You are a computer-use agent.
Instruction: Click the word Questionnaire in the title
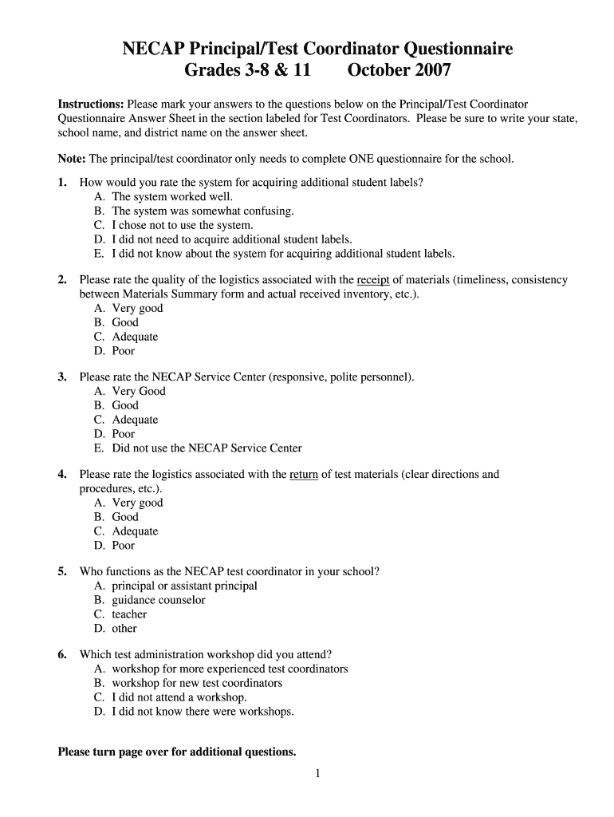(x=443, y=49)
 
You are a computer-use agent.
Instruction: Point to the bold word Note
(x=73, y=159)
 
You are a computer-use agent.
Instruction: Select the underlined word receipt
(x=373, y=280)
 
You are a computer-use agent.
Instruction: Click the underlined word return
(x=304, y=475)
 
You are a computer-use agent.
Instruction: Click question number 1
(x=62, y=183)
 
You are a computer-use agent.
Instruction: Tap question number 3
(x=62, y=377)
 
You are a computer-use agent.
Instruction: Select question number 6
(x=62, y=655)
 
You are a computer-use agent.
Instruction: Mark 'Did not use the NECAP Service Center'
(x=207, y=448)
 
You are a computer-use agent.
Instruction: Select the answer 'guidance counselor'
(x=158, y=600)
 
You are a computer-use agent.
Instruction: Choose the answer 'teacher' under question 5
(x=129, y=614)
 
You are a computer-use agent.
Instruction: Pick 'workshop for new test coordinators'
(x=197, y=684)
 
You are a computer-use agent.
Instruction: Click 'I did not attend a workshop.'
(x=179, y=698)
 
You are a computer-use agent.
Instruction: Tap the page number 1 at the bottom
(x=317, y=773)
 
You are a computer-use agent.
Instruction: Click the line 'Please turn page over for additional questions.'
(x=177, y=752)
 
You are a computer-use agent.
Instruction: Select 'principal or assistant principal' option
(x=184, y=586)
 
